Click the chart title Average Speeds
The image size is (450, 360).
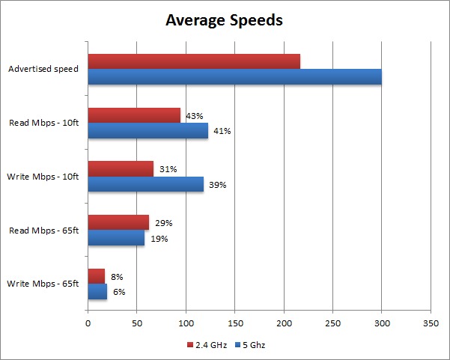click(x=224, y=20)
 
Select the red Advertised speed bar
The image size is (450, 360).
click(x=194, y=61)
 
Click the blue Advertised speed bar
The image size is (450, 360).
click(x=234, y=76)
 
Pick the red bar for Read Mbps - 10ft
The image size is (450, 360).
click(x=134, y=115)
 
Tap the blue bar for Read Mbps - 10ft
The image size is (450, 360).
click(x=148, y=131)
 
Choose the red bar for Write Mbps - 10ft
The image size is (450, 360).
click(x=121, y=169)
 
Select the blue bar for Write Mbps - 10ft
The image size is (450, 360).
click(x=145, y=184)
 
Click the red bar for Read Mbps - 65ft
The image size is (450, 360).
click(x=118, y=222)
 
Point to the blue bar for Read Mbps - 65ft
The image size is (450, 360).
click(x=116, y=238)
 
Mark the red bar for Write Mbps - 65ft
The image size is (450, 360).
click(x=97, y=276)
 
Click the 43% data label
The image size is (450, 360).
click(x=194, y=116)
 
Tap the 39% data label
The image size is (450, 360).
click(x=217, y=185)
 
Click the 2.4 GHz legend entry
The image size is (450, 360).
click(x=207, y=345)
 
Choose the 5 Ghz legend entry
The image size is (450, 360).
click(x=251, y=345)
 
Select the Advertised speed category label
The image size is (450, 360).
click(x=45, y=70)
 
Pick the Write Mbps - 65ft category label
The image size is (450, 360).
click(x=43, y=284)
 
